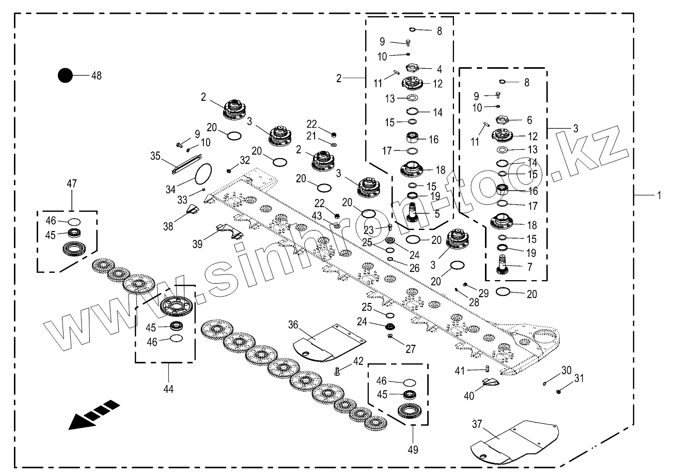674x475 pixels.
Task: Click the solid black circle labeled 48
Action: pyautogui.click(x=65, y=75)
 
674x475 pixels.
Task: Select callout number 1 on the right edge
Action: pyautogui.click(x=659, y=195)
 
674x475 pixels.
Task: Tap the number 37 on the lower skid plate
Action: pyautogui.click(x=477, y=424)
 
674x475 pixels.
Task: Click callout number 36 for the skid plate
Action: pyautogui.click(x=293, y=325)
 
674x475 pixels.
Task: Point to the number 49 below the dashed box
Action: pyautogui.click(x=413, y=450)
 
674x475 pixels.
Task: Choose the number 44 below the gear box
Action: pyautogui.click(x=168, y=389)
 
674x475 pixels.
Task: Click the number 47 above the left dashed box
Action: pyautogui.click(x=72, y=183)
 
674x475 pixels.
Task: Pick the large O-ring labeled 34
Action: pyautogui.click(x=203, y=174)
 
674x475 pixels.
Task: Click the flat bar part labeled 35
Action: pyautogui.click(x=186, y=164)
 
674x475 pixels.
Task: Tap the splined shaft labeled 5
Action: pyautogui.click(x=413, y=212)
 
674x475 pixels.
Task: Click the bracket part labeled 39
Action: pyautogui.click(x=230, y=232)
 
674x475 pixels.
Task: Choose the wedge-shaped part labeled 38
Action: pyautogui.click(x=193, y=208)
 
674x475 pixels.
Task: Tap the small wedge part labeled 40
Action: pyautogui.click(x=491, y=382)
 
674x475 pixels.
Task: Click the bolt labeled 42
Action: pyautogui.click(x=337, y=371)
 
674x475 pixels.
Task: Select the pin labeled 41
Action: pyautogui.click(x=488, y=369)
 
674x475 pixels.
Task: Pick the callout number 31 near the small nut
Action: pyautogui.click(x=579, y=378)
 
